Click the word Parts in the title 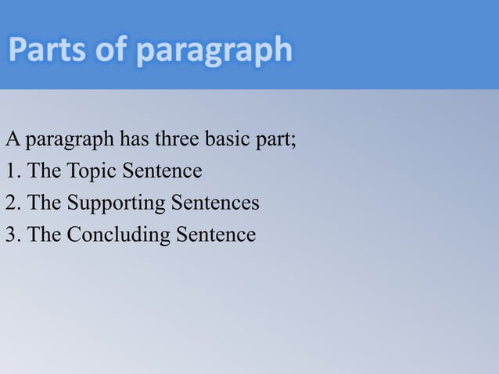tap(48, 51)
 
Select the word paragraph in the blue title tap(214, 52)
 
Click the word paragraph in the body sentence tap(70, 142)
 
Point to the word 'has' tap(135, 140)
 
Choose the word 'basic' tap(228, 140)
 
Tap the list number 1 tap(11, 171)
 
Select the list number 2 tap(11, 203)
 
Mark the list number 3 tap(11, 234)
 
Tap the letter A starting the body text tap(12, 140)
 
